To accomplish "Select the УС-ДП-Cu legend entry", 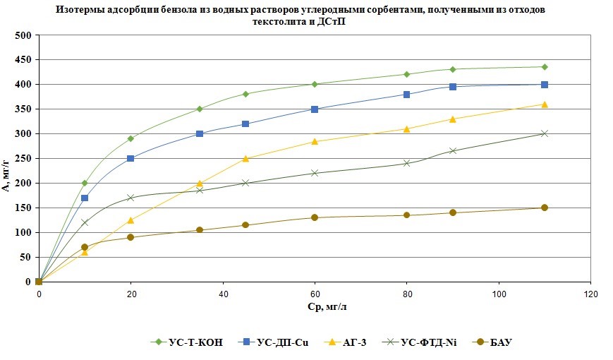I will click(x=279, y=342).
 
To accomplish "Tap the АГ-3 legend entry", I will click(x=353, y=342).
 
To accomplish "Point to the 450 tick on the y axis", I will click(x=23, y=60).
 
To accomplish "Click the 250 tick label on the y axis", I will click(x=23, y=159).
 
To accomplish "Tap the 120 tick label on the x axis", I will click(x=590, y=293).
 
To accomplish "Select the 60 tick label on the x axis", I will click(x=315, y=293).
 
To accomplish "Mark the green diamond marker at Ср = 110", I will click(x=545, y=67).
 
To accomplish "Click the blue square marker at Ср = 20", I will click(x=131, y=158).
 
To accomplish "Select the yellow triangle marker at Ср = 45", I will click(x=245, y=158).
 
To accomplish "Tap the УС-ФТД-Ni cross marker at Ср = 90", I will click(x=453, y=150).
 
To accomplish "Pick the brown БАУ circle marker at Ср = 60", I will click(x=315, y=217).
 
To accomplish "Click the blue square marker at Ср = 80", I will click(x=407, y=94).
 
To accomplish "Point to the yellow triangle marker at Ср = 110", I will click(x=545, y=104).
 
